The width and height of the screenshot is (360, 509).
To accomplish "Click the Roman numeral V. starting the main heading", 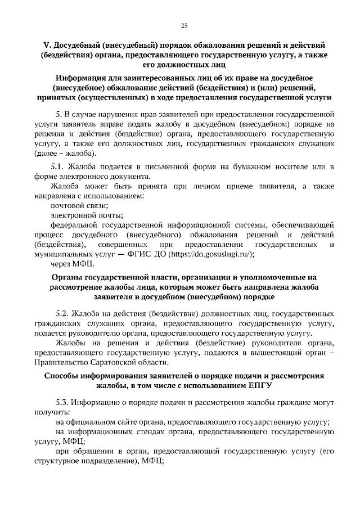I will click(x=47, y=44).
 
